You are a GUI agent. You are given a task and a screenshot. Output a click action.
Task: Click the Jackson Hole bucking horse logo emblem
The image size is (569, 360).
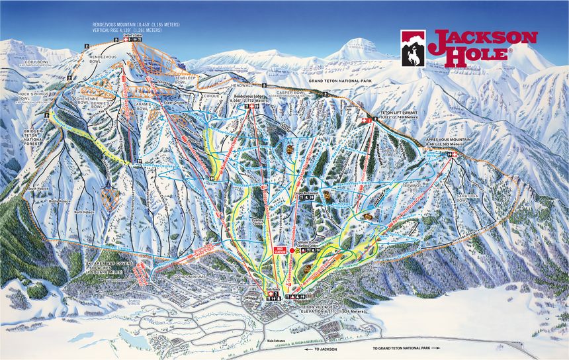click(x=413, y=48)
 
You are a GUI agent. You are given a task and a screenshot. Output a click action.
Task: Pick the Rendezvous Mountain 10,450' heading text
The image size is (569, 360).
click(x=136, y=25)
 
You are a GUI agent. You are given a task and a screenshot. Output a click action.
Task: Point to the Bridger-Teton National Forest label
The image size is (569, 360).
click(x=33, y=135)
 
